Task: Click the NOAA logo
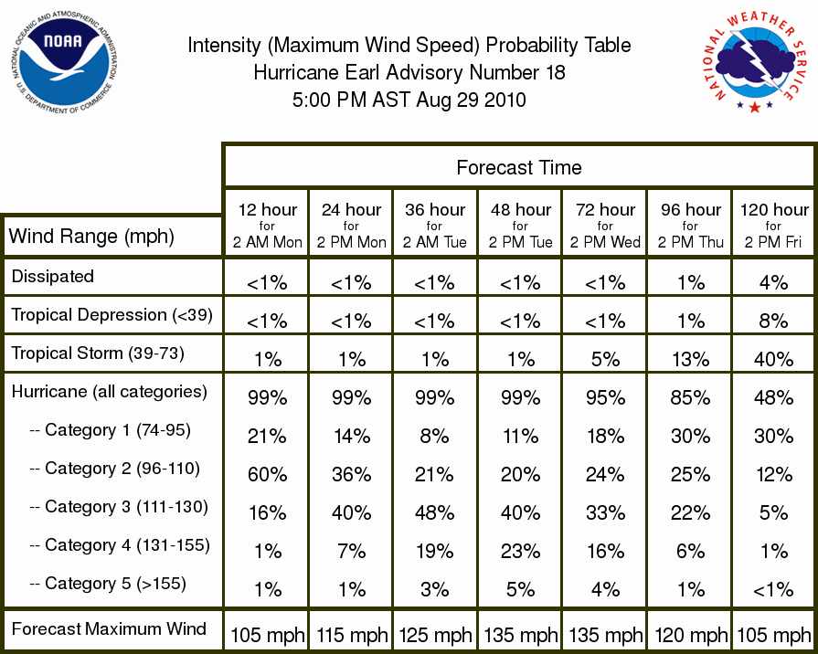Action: coord(64,62)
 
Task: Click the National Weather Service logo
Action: coord(754,62)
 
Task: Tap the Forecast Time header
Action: coord(518,167)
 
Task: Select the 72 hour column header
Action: coord(605,226)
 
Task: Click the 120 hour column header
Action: coord(774,226)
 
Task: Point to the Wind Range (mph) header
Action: coord(91,237)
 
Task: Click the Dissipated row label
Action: coord(53,276)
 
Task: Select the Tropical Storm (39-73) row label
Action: coord(98,353)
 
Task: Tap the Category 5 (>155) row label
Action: coord(108,583)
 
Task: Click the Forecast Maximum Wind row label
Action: coord(109,628)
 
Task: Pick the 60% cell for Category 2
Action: coord(267,475)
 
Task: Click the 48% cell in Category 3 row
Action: coord(434,512)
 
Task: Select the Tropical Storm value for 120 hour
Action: coord(773,359)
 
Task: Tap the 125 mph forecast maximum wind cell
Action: coord(436,635)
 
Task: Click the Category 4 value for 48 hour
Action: coord(520,552)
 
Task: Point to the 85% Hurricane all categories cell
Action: coord(690,398)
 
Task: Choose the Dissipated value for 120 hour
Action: coord(773,282)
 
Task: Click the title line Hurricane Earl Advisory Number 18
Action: coord(409,72)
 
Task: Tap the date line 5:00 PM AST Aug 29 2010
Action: coord(409,100)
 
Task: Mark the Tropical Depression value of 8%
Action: coord(773,321)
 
